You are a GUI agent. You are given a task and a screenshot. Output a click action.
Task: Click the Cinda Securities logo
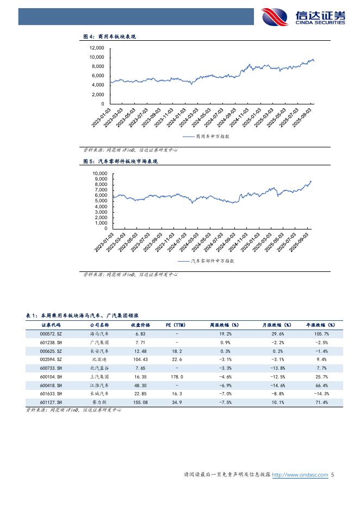303,17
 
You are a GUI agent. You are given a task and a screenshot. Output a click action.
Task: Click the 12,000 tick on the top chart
96,48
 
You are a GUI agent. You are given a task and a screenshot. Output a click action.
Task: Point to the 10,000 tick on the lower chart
100,173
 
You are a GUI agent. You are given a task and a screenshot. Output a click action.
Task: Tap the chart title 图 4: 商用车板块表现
109,36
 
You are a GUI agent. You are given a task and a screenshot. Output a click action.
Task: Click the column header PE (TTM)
176,325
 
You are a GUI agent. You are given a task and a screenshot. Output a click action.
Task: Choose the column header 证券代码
52,325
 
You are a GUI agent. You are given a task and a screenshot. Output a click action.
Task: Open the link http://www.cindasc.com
300,475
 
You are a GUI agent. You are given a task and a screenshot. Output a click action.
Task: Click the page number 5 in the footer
333,475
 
